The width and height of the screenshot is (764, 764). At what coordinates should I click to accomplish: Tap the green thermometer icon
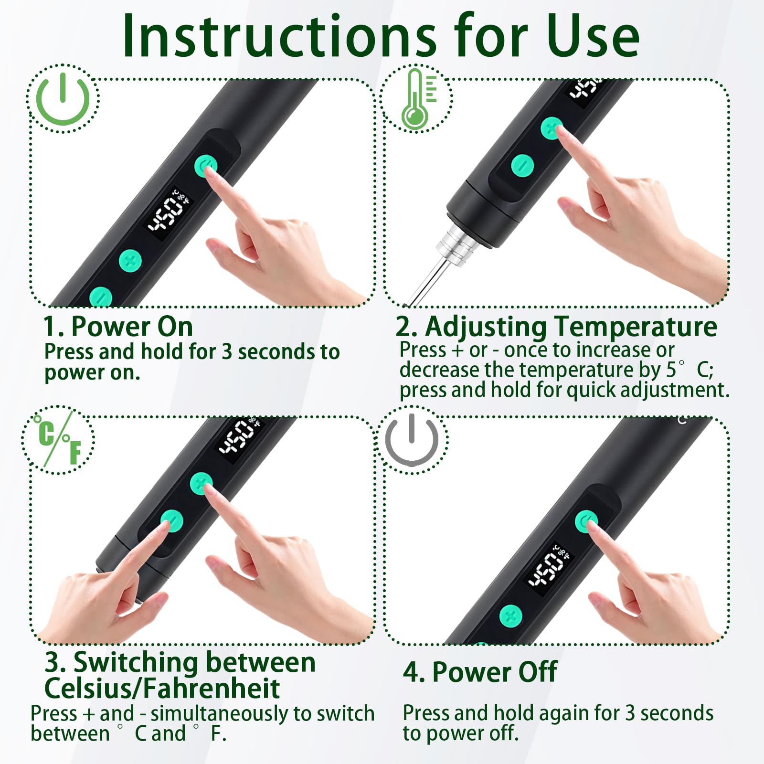[x=418, y=99]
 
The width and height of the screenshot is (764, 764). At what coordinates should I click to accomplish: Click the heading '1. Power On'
[x=118, y=327]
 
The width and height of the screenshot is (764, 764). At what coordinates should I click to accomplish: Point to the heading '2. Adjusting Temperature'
[x=556, y=328]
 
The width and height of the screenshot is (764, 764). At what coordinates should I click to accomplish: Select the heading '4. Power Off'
[x=480, y=672]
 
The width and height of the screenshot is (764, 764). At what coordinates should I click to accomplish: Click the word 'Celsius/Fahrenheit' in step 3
[x=162, y=688]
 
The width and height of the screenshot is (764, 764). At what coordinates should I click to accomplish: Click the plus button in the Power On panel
[x=130, y=261]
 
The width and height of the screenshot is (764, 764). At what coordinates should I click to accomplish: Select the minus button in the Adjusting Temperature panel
[x=522, y=166]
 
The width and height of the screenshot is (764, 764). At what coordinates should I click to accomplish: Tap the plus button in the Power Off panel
[x=511, y=616]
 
